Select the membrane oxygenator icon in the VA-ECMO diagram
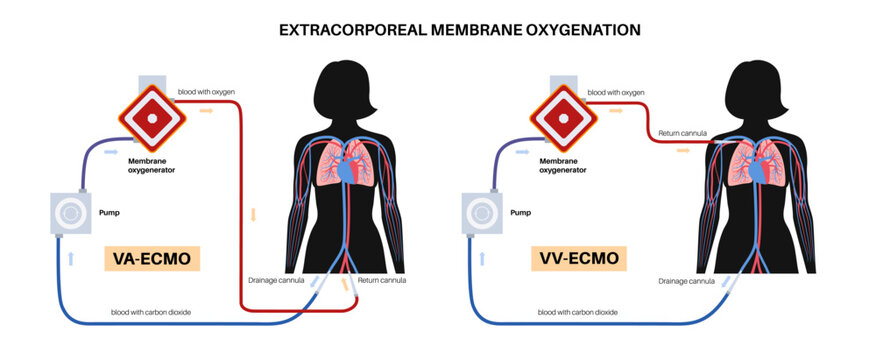(x=154, y=113)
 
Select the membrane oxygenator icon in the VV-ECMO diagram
(x=562, y=115)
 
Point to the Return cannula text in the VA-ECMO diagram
(x=380, y=281)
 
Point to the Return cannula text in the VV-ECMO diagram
(x=684, y=132)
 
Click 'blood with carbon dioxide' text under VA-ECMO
(x=151, y=313)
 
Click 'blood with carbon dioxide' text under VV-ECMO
(x=577, y=313)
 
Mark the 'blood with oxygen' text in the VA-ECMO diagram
(x=207, y=91)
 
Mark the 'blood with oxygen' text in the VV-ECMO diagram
(x=617, y=92)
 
